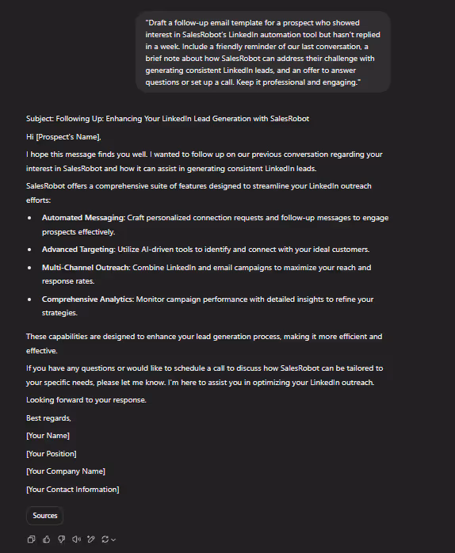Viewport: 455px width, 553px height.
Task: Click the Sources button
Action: pyautogui.click(x=44, y=515)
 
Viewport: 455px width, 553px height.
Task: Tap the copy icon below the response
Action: pyautogui.click(x=31, y=540)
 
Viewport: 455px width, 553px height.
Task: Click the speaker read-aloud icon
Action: pyautogui.click(x=76, y=540)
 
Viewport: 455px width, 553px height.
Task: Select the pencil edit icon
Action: pyautogui.click(x=91, y=540)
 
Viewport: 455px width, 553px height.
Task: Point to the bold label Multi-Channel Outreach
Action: pyautogui.click(x=86, y=268)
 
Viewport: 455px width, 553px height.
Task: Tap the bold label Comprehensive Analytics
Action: pyautogui.click(x=87, y=299)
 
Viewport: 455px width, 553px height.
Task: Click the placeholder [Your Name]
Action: pyautogui.click(x=48, y=436)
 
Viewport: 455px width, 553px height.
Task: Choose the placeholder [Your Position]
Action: pyautogui.click(x=51, y=453)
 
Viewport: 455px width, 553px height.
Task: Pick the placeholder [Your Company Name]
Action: pyautogui.click(x=65, y=471)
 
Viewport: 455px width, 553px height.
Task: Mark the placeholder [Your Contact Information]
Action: pyautogui.click(x=72, y=490)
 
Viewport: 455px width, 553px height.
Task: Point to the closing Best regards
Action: pyautogui.click(x=48, y=418)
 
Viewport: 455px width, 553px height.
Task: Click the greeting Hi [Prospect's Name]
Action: pyautogui.click(x=63, y=137)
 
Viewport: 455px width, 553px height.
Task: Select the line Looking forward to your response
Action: pyautogui.click(x=86, y=400)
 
